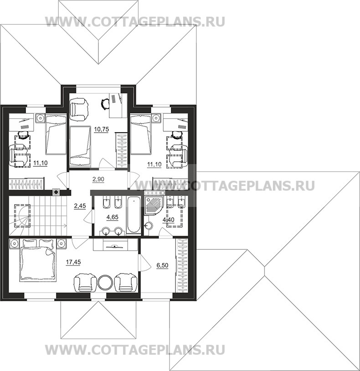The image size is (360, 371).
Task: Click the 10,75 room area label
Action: coord(101,129)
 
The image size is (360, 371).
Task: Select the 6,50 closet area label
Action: coord(162,265)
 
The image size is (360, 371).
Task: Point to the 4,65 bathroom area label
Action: coord(113,217)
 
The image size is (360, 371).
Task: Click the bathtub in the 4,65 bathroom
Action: coord(134,215)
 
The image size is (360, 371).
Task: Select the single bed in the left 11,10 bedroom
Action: coord(56,134)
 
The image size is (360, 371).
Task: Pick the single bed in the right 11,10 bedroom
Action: coord(141,134)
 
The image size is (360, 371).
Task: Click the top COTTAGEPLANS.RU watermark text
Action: coord(135,22)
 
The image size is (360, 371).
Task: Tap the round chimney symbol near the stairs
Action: coord(56,192)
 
